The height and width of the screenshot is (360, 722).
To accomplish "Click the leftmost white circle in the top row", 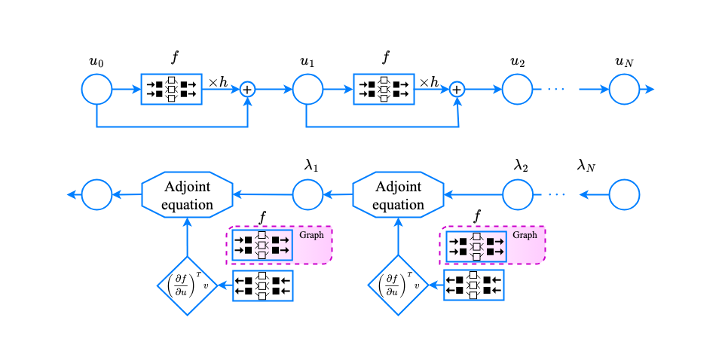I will coord(96,89).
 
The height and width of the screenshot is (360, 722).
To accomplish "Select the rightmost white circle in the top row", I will coord(624,89).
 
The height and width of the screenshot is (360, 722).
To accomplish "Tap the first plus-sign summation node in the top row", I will coord(247,89).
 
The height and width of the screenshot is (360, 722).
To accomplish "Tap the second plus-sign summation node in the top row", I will coord(457,89).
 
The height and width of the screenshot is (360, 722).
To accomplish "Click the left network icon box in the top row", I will coord(172,89).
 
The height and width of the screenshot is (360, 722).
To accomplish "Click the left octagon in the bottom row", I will coord(188,194).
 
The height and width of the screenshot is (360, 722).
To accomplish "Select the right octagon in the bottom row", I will coord(398,194).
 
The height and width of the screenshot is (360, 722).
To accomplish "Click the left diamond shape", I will coord(187,285).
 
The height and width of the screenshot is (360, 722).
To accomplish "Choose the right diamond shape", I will coord(397,285).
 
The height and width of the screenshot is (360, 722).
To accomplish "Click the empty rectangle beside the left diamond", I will coord(263,285).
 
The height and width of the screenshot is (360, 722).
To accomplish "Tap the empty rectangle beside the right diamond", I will coord(474,285).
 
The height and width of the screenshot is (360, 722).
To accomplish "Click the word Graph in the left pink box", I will coord(311,235).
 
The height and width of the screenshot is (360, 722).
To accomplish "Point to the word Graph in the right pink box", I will coord(525,235).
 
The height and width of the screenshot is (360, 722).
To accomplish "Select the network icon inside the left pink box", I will coord(262,246).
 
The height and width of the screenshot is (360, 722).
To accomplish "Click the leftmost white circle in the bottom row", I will coord(96,194).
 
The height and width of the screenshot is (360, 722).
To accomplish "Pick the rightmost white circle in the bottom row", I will coord(624,194).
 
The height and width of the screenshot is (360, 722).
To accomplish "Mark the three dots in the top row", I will coord(555,90).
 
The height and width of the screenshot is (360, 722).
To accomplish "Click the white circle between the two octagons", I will coord(307,194).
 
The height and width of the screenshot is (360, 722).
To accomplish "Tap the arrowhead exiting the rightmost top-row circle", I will coord(650,90).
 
